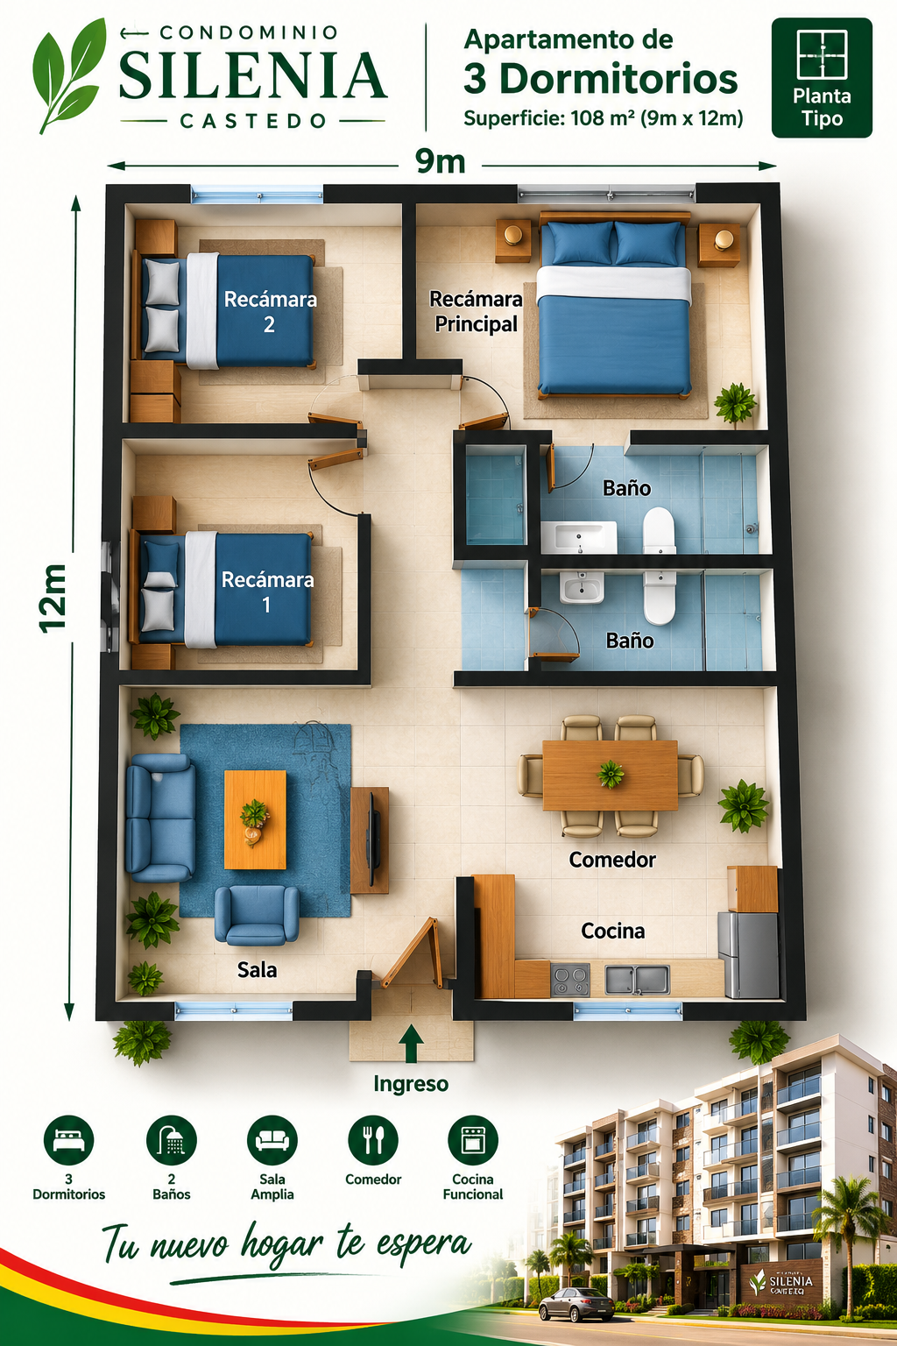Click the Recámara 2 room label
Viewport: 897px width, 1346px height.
(270, 311)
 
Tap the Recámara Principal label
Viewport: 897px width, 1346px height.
(476, 311)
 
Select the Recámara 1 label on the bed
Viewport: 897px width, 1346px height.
(267, 592)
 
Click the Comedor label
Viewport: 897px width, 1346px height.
(611, 860)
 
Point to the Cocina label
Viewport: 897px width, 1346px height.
(613, 931)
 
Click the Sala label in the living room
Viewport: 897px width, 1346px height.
(258, 969)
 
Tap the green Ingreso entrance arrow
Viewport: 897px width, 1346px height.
(411, 1043)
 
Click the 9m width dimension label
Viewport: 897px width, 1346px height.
(440, 161)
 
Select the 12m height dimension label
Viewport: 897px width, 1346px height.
(53, 599)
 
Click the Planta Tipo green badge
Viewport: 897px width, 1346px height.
(822, 77)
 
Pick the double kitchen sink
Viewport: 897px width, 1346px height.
(637, 980)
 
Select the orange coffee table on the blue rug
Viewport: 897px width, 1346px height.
(255, 819)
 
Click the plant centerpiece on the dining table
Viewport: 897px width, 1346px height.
(611, 774)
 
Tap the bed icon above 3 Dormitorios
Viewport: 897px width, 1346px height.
(68, 1140)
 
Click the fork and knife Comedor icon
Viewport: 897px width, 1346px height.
(373, 1140)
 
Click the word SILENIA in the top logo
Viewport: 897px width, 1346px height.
(252, 75)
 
